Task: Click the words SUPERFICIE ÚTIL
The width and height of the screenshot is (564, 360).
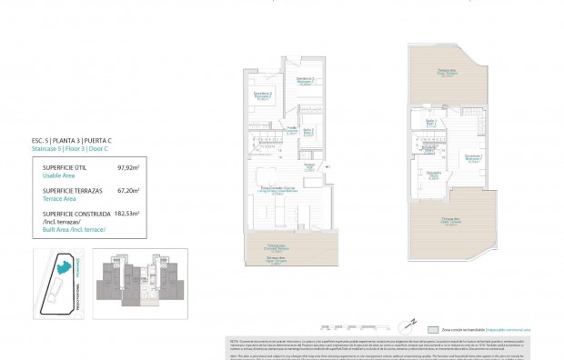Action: pyautogui.click(x=65, y=168)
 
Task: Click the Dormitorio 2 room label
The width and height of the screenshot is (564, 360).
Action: pyautogui.click(x=305, y=80)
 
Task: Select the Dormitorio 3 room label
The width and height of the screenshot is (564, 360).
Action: pyautogui.click(x=263, y=94)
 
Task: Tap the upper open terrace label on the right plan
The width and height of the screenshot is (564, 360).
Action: pyautogui.click(x=446, y=72)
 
